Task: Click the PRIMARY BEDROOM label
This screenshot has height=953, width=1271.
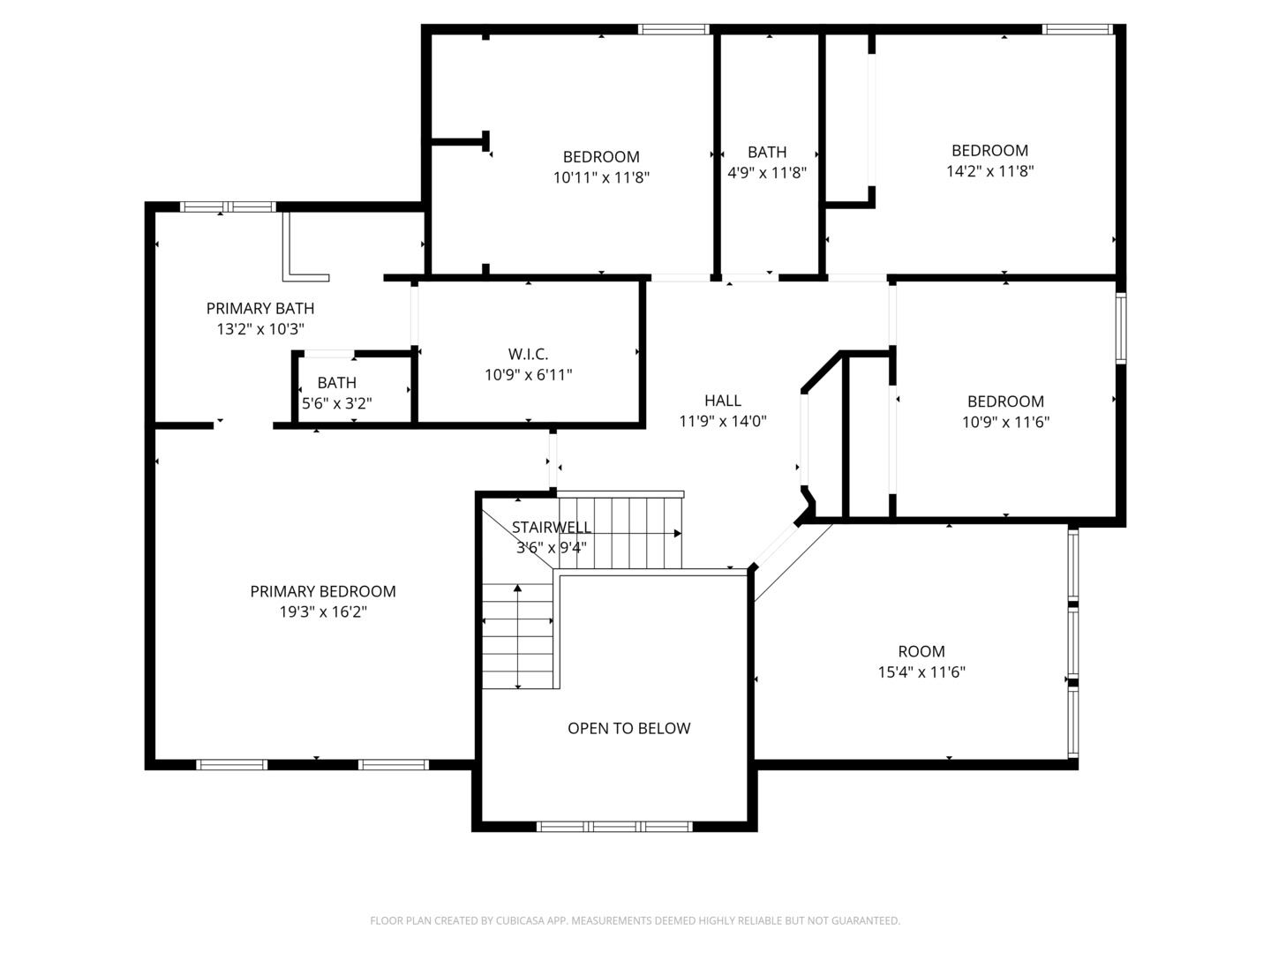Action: tap(322, 591)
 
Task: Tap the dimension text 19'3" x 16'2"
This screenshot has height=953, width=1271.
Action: tap(323, 612)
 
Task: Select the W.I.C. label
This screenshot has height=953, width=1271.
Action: tap(528, 354)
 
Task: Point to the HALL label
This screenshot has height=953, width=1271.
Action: tap(723, 401)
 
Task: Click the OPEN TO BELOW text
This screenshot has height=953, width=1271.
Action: tap(628, 728)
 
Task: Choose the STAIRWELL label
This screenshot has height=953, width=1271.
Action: tap(552, 527)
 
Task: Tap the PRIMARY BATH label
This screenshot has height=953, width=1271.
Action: tap(260, 308)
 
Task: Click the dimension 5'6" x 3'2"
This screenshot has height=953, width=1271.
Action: tap(337, 402)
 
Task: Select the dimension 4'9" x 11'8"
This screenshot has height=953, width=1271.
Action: tap(767, 172)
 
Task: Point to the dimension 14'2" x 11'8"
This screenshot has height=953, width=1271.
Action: tap(989, 170)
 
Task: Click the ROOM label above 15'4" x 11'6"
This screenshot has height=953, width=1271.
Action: tap(921, 651)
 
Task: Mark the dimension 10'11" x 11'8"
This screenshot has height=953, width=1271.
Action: tap(601, 177)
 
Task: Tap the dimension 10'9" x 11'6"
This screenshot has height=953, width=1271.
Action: tap(1005, 422)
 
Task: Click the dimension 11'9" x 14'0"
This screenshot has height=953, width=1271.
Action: tap(723, 421)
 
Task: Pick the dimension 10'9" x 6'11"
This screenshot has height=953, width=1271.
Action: tap(528, 374)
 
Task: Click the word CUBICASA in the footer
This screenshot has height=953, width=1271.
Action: tap(520, 920)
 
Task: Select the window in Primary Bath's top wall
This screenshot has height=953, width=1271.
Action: tap(228, 206)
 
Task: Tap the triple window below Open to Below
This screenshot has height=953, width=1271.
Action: tap(614, 826)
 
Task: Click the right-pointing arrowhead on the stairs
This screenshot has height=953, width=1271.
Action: tap(678, 534)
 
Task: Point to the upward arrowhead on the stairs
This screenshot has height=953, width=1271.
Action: tap(517, 589)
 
